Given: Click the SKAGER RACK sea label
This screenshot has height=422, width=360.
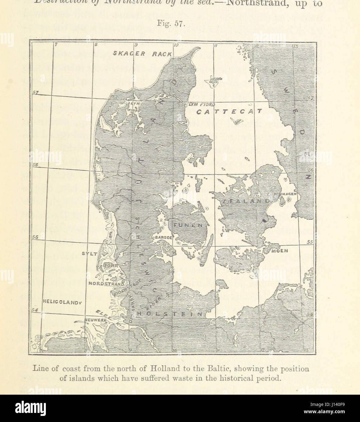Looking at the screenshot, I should click(142, 54).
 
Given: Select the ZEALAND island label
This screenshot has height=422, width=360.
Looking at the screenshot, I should click(245, 201).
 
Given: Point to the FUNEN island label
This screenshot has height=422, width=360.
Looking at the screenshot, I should click(188, 225).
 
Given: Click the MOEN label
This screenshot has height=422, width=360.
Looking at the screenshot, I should click(279, 251).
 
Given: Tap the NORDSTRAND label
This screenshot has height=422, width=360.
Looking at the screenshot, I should click(106, 284).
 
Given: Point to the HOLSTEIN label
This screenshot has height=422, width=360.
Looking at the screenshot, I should click(170, 314).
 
